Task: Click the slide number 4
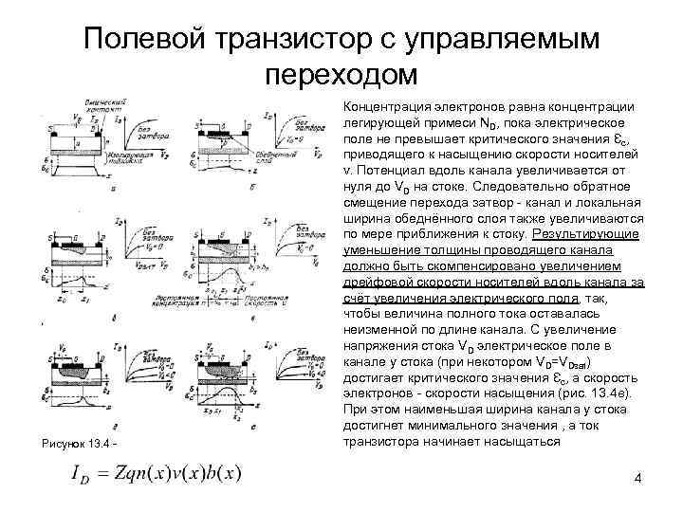637,481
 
